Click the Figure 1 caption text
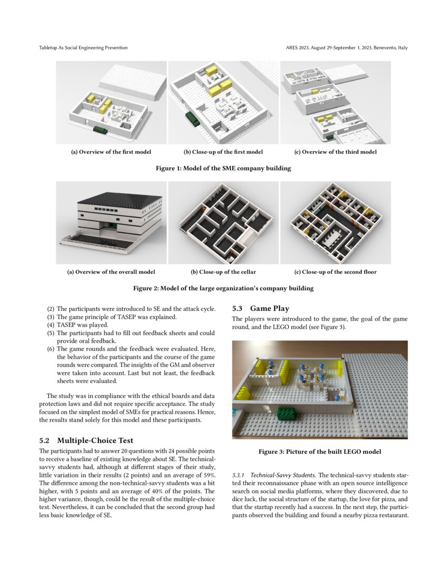(x=223, y=168)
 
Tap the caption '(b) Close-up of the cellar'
(x=223, y=272)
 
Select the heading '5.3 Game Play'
(x=261, y=308)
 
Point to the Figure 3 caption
(x=319, y=452)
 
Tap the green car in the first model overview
(x=100, y=129)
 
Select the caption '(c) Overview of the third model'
(x=335, y=152)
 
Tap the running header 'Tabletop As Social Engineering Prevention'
(x=83, y=48)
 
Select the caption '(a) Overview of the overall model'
(x=111, y=272)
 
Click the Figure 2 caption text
(x=223, y=288)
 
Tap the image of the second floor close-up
(x=335, y=222)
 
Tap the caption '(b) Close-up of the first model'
(x=223, y=152)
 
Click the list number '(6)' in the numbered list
(x=50, y=349)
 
